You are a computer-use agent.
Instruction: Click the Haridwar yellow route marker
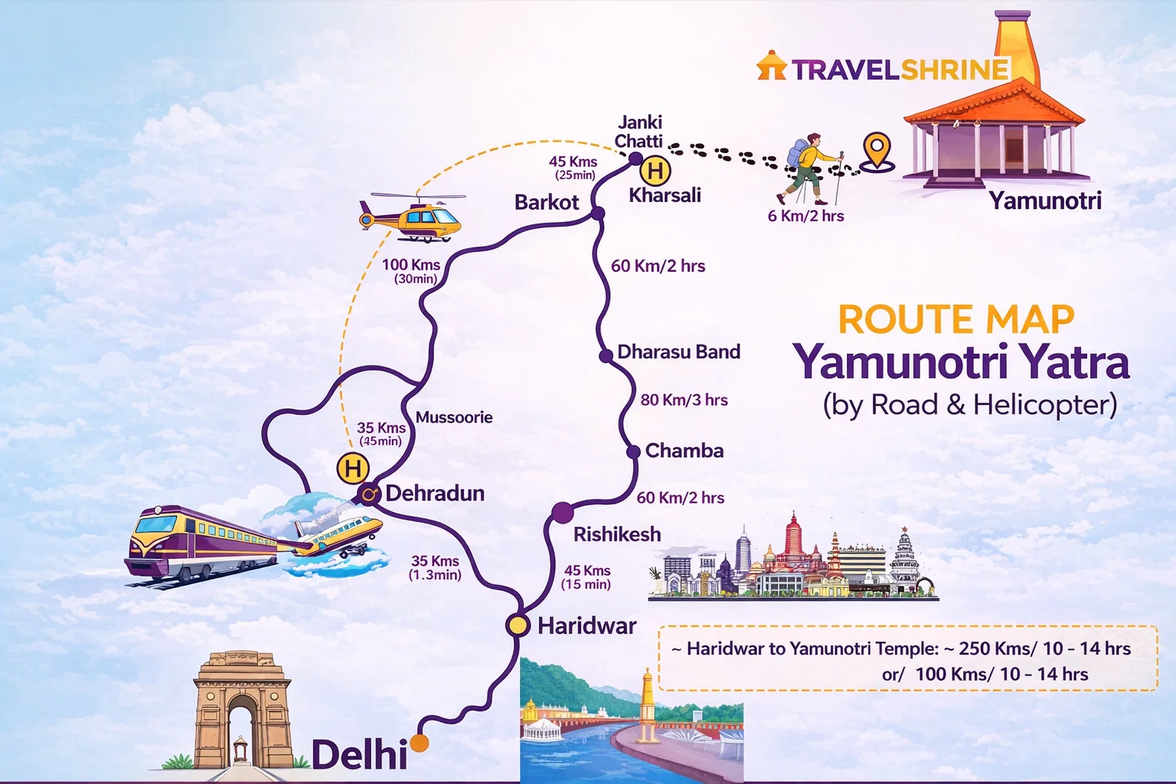point(518,626)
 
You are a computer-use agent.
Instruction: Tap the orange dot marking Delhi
point(419,743)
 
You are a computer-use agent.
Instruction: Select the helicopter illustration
point(411,217)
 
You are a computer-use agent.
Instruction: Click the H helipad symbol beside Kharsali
point(655,170)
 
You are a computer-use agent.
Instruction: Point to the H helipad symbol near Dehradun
point(352,468)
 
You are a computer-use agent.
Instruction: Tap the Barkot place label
point(547,202)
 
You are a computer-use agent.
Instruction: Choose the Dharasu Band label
point(678,352)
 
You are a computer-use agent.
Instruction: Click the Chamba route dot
point(633,452)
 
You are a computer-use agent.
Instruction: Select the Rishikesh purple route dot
point(562,512)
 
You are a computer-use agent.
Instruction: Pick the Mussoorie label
point(454,417)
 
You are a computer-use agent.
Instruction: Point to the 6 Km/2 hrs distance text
point(805,217)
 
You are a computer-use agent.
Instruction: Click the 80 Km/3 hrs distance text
point(684,400)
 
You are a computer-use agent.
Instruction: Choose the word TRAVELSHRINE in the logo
point(900,70)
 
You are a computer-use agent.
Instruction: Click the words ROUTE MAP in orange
point(956,319)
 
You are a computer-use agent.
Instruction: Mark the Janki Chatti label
point(639,132)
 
